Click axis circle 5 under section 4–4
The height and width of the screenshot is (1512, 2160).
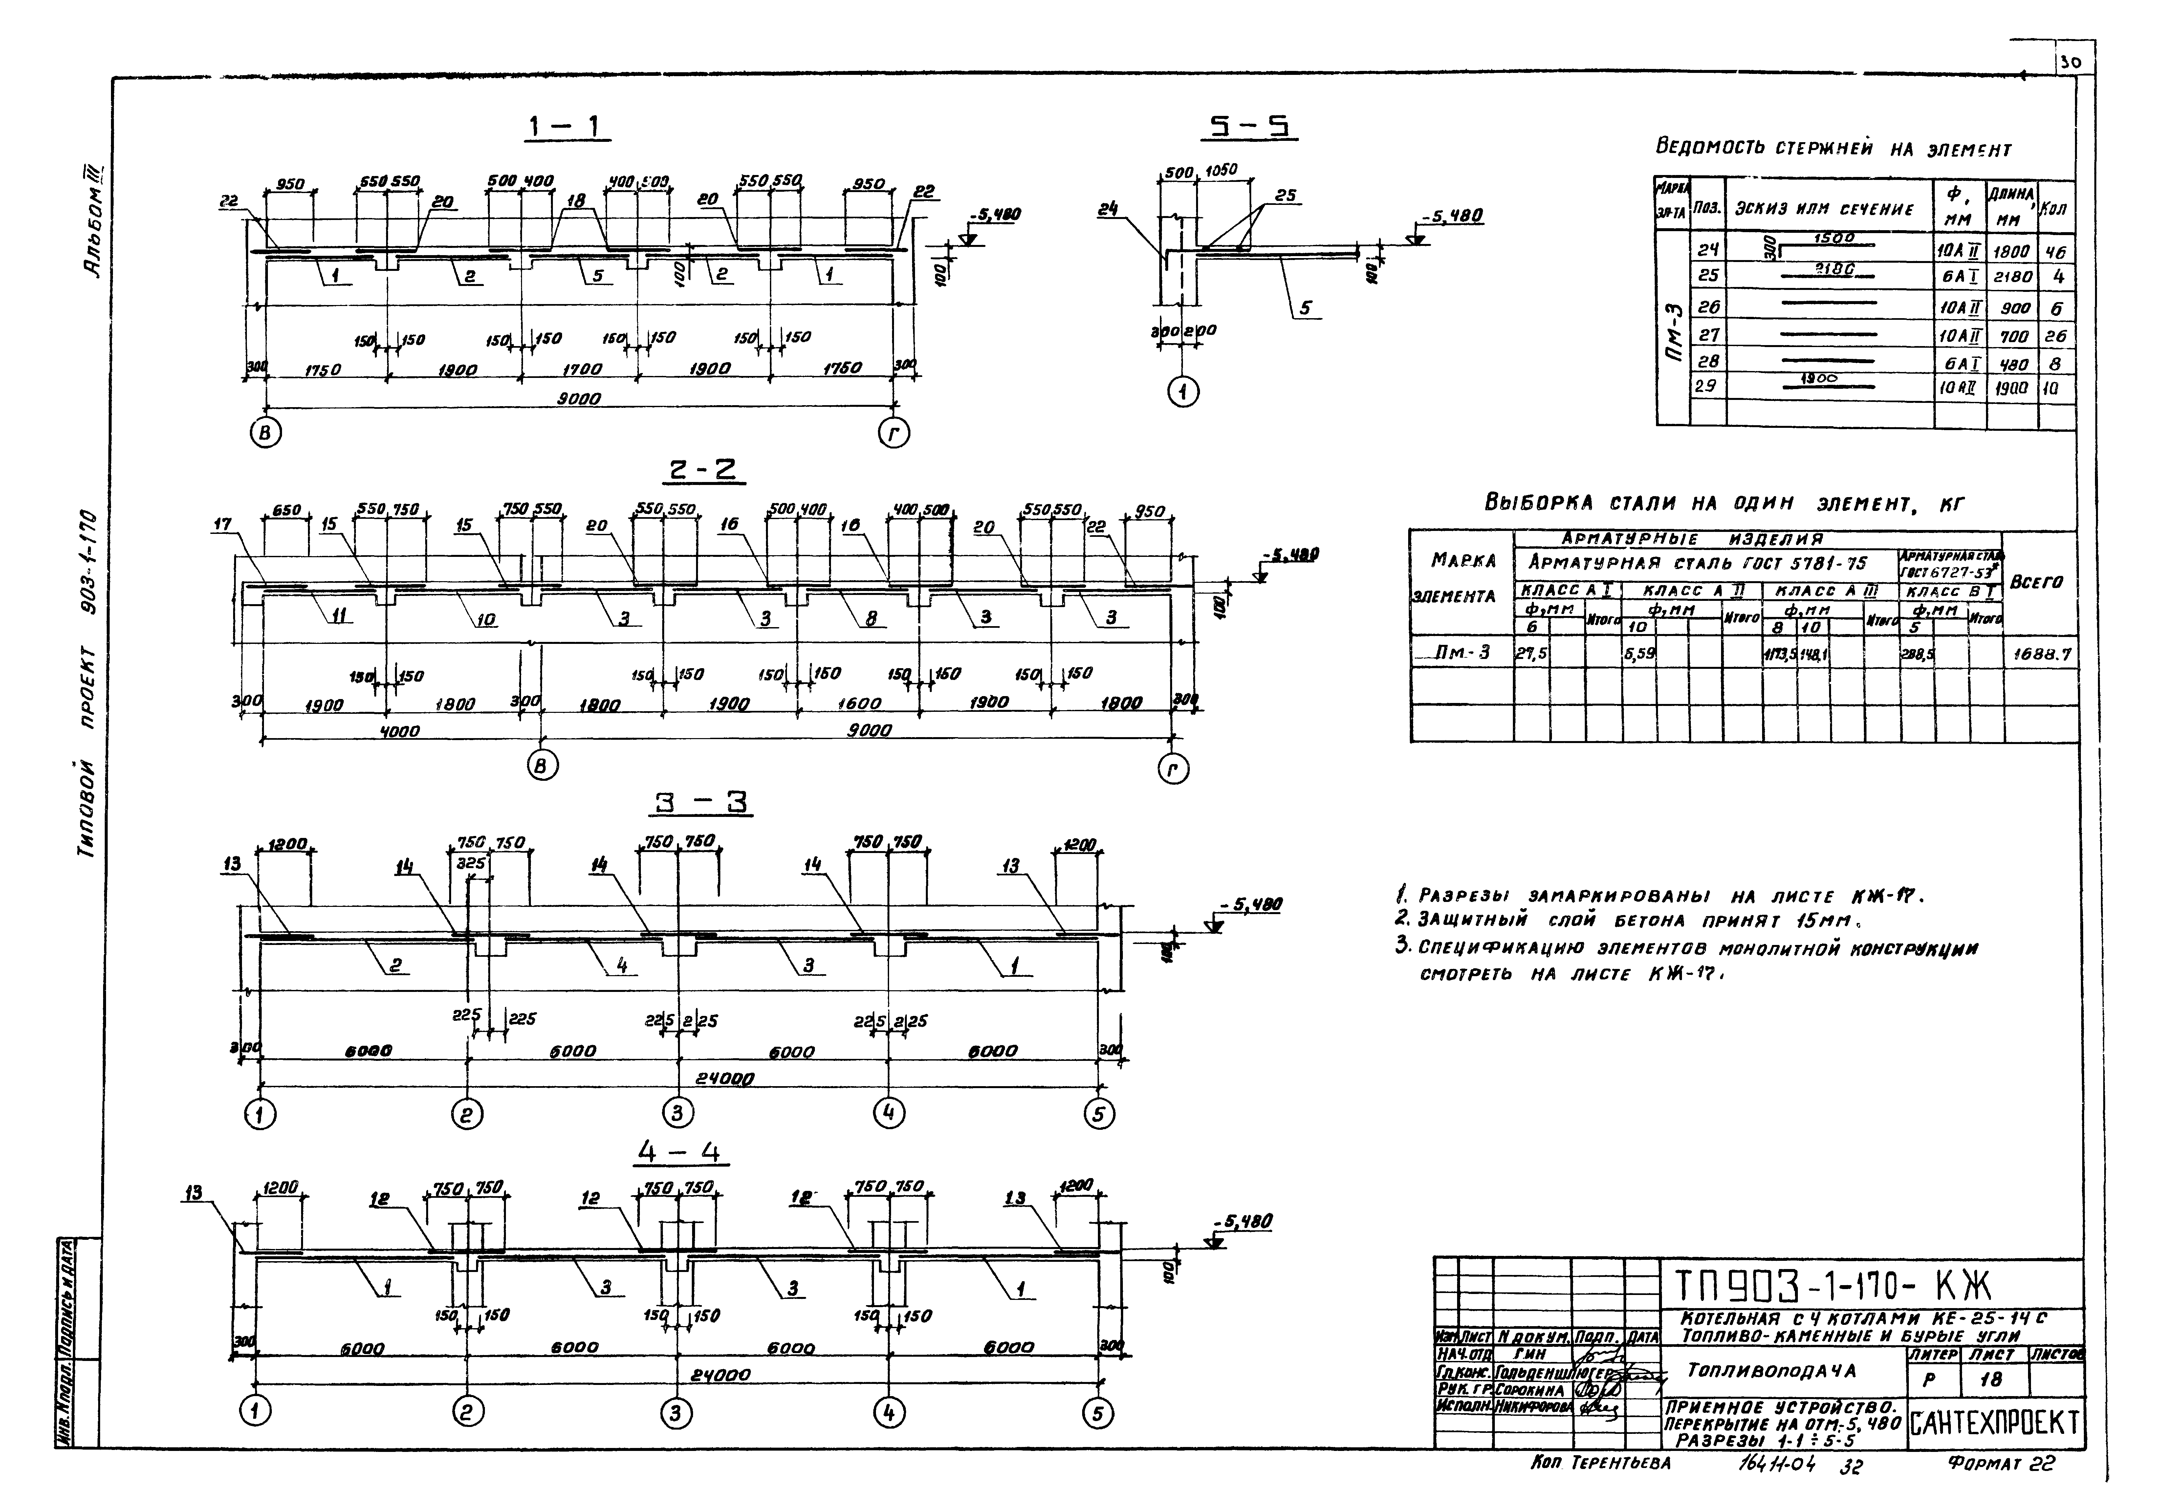coord(1098,1413)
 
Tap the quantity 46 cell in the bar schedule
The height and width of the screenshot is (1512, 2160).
coord(2057,252)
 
